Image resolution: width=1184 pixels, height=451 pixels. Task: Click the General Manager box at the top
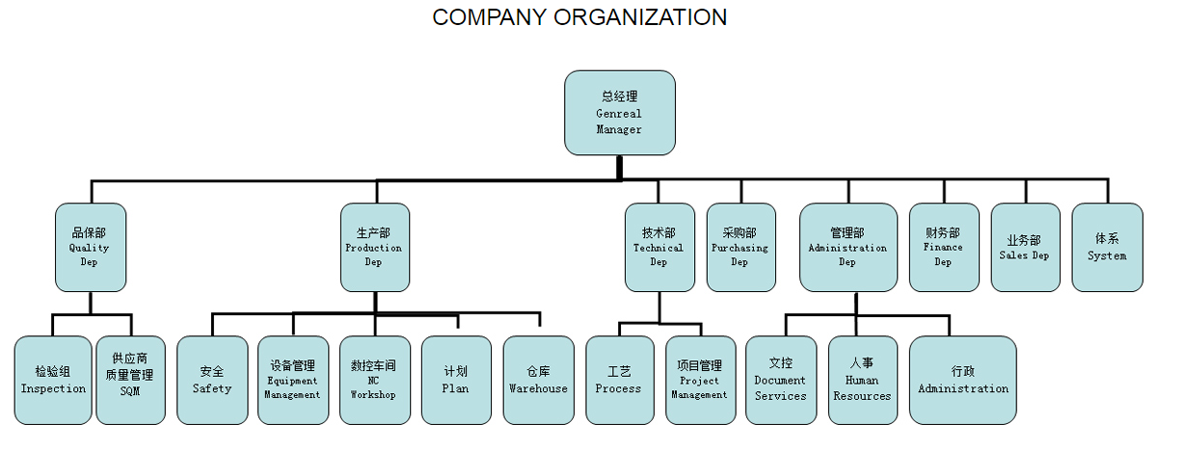point(619,112)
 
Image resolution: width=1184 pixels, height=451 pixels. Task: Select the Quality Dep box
point(90,247)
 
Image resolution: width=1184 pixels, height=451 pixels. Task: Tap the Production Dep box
point(374,247)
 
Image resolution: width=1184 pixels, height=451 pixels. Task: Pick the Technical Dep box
point(659,247)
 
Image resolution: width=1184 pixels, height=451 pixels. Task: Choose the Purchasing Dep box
point(740,247)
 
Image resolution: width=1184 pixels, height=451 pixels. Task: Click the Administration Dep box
point(848,247)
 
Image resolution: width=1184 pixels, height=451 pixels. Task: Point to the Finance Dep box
point(944,247)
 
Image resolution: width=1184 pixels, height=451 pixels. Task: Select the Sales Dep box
point(1025,247)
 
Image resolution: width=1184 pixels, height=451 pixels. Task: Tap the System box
point(1107,247)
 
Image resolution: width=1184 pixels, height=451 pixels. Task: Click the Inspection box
point(53,380)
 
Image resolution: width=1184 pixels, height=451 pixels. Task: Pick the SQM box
point(130,380)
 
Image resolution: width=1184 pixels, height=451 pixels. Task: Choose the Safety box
point(212,380)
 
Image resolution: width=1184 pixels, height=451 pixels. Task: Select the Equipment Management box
point(293,380)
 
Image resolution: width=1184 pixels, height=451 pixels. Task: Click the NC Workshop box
point(374,380)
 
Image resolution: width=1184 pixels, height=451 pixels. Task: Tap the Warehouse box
point(538,380)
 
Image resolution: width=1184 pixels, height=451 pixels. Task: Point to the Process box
point(619,380)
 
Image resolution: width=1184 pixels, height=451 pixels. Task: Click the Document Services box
point(781,380)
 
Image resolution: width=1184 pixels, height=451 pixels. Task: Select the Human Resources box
point(862,380)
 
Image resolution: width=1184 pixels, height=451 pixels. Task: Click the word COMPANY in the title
point(490,17)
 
